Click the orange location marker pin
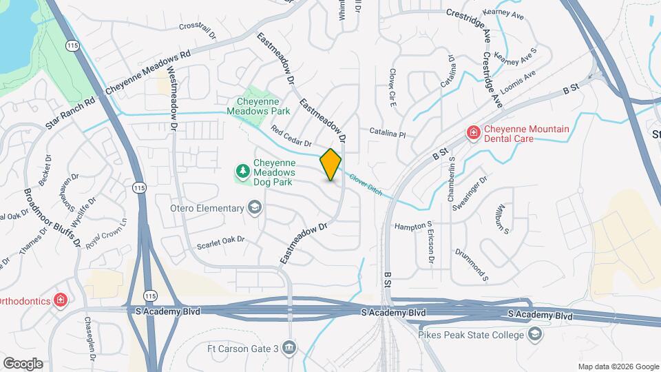pos(331,165)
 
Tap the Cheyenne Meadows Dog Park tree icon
pos(242,170)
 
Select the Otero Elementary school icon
pos(255,207)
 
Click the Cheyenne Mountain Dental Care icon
pos(473,132)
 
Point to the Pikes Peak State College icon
pos(535,335)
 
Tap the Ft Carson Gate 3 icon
pos(290,347)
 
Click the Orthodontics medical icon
pos(61,300)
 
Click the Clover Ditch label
pos(365,182)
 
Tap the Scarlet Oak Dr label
pos(221,240)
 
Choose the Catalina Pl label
pos(388,132)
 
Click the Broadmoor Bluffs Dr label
pos(52,218)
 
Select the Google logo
pos(23,363)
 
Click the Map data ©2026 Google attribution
pos(618,366)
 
